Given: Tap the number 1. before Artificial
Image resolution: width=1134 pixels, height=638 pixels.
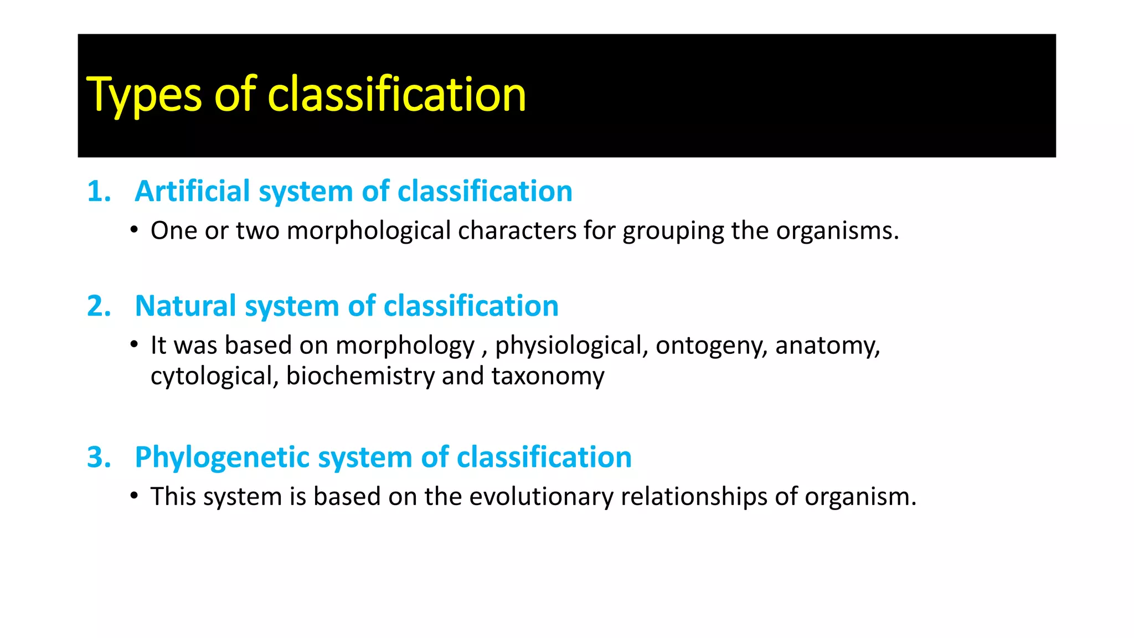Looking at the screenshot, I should click(x=99, y=192).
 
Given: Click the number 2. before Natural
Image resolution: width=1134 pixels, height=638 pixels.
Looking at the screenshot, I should click(x=99, y=306).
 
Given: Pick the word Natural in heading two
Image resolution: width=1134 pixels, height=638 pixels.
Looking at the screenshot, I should click(x=185, y=306).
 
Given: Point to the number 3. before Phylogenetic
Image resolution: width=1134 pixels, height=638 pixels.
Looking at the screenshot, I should click(x=99, y=457).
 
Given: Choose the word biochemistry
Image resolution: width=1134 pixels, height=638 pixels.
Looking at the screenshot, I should click(x=360, y=376).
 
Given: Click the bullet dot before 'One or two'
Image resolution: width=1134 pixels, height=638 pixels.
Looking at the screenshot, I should click(x=134, y=230).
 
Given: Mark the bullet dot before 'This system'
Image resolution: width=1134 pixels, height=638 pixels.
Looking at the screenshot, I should click(x=134, y=496).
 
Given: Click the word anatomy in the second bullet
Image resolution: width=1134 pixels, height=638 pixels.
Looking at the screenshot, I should click(x=827, y=346).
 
